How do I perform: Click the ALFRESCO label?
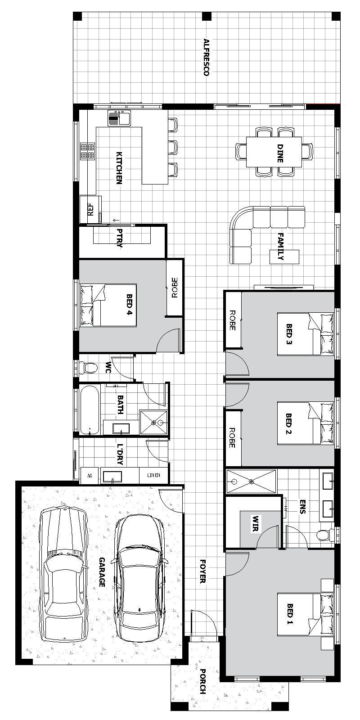click(x=207, y=57)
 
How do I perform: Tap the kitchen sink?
click(x=119, y=117)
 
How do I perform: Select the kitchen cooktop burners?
click(x=88, y=151)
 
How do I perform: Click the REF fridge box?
click(x=90, y=209)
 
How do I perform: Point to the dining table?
click(x=274, y=152)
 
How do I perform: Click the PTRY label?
click(x=120, y=238)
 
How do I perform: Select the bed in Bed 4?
click(x=108, y=305)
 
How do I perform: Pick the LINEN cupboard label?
click(x=153, y=475)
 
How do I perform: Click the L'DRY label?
click(x=120, y=454)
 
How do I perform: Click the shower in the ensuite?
click(x=252, y=481)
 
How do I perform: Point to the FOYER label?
click(x=203, y=571)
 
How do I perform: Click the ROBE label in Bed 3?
click(x=232, y=320)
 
